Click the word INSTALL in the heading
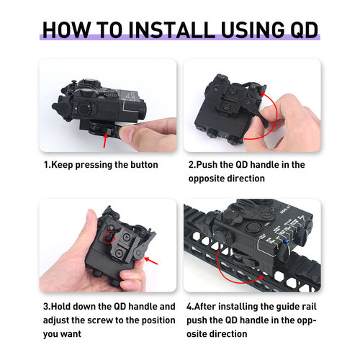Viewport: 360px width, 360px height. pyautogui.click(x=172, y=30)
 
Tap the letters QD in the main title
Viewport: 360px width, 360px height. pyautogui.click(x=304, y=30)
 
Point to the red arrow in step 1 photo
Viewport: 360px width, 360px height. pyautogui.click(x=105, y=140)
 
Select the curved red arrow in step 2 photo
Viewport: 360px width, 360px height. pyautogui.click(x=276, y=114)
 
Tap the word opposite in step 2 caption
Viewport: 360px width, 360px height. pyautogui.click(x=205, y=179)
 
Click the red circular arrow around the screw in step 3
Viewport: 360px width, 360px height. pyautogui.click(x=109, y=237)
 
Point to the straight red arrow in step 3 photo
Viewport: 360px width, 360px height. pyautogui.click(x=150, y=261)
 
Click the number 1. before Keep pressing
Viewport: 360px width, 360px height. pyautogui.click(x=47, y=165)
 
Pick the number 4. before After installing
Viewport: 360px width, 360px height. pyautogui.click(x=190, y=307)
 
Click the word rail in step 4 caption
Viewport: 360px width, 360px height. pyautogui.click(x=310, y=307)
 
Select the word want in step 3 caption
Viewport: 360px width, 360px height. pyautogui.click(x=71, y=334)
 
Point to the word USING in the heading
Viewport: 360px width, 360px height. pyautogui.click(x=253, y=30)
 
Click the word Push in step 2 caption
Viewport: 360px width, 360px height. pyautogui.click(x=207, y=165)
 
